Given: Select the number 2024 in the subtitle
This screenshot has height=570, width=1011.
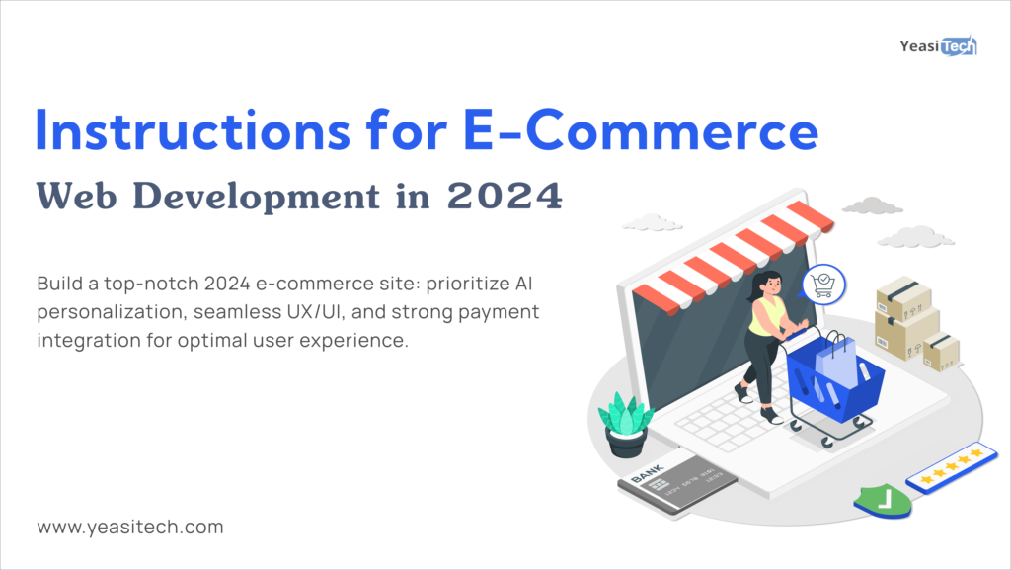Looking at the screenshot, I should (505, 197).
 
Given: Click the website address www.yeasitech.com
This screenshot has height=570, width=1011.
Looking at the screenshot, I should (130, 527).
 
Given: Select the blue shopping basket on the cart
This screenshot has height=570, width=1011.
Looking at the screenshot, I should (834, 380).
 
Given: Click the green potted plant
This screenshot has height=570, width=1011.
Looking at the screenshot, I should (626, 423).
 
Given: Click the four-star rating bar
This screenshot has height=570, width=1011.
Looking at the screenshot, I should (952, 466).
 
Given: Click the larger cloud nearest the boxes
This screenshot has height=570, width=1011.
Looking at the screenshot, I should (914, 237).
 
